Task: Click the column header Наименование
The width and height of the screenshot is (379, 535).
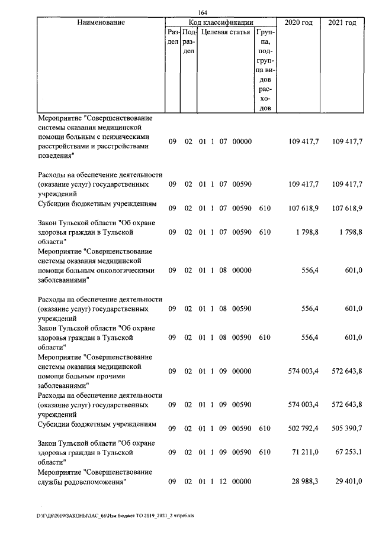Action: click(x=101, y=22)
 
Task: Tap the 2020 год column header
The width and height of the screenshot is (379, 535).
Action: click(x=298, y=22)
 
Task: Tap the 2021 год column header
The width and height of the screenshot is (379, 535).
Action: click(x=342, y=22)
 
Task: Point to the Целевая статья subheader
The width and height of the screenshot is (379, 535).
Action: click(x=226, y=32)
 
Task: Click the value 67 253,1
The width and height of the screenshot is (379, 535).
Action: click(x=348, y=452)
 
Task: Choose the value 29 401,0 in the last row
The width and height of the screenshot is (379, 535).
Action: click(x=348, y=482)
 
